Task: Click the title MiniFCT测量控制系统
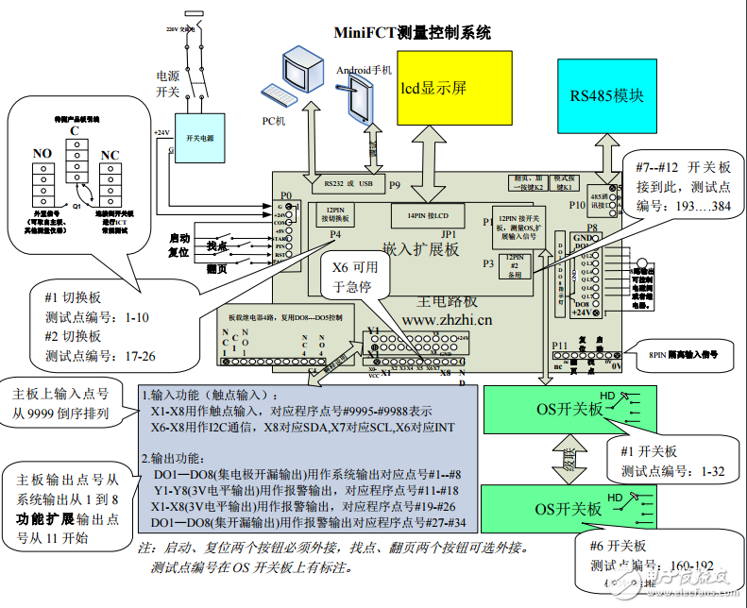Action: pyautogui.click(x=413, y=32)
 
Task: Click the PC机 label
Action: pyautogui.click(x=273, y=121)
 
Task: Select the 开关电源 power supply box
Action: pyautogui.click(x=199, y=138)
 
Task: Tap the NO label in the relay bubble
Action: pyautogui.click(x=42, y=153)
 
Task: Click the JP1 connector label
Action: pyautogui.click(x=448, y=232)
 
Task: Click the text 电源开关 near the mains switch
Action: pyautogui.click(x=167, y=84)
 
